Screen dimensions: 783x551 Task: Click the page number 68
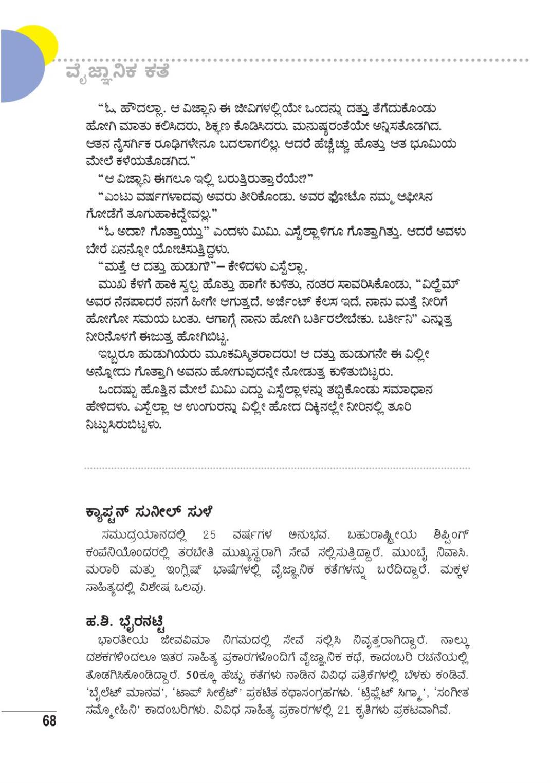(x=49, y=721)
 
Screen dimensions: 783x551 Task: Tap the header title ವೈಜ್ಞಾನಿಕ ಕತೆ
(x=117, y=71)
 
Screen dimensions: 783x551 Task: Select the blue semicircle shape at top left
(x=21, y=66)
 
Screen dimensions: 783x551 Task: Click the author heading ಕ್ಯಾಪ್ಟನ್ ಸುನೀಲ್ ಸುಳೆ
(x=149, y=512)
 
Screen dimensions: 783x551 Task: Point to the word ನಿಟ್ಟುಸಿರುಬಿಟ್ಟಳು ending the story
(x=123, y=425)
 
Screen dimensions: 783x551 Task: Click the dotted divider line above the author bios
(x=277, y=468)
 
